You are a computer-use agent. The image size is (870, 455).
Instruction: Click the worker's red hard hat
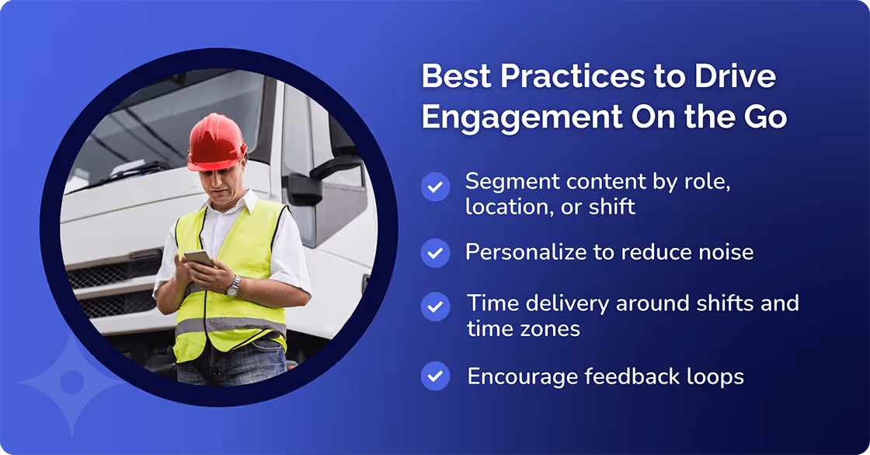(216, 142)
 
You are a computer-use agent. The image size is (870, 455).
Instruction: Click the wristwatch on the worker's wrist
(232, 286)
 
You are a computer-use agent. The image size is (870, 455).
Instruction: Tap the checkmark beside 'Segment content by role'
(435, 187)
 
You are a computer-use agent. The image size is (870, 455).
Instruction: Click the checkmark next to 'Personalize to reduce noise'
(435, 253)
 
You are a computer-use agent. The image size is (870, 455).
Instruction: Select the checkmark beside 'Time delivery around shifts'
(435, 306)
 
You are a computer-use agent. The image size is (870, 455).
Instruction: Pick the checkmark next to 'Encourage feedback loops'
(435, 376)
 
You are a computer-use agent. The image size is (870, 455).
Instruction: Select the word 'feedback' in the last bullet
(622, 376)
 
